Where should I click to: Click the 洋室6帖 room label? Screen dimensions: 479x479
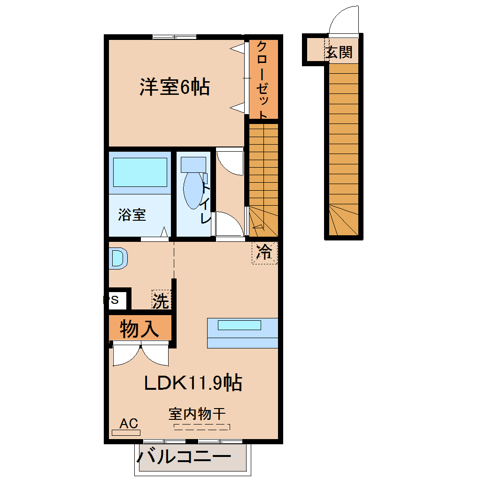click(174, 87)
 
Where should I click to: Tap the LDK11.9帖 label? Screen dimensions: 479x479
click(193, 382)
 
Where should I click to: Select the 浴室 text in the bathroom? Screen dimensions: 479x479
click(132, 215)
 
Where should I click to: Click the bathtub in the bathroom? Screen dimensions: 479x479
click(140, 172)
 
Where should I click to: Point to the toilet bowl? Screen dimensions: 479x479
click(193, 190)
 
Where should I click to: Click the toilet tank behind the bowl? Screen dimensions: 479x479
click(193, 165)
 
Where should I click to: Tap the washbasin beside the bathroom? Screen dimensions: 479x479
click(118, 258)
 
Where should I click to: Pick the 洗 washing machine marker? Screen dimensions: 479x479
click(161, 300)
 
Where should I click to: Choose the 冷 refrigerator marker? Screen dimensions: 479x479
click(264, 252)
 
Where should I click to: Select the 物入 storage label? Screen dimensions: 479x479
click(139, 329)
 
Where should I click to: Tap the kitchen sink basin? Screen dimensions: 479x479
click(239, 325)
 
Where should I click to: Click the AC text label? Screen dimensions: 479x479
click(129, 424)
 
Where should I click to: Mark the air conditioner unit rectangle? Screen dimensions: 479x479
click(126, 433)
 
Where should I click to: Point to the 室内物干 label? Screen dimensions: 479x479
click(197, 414)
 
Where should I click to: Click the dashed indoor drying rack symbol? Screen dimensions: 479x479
click(202, 427)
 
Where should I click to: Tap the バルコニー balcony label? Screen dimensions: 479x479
click(184, 457)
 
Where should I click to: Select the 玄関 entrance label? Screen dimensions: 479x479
click(339, 52)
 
